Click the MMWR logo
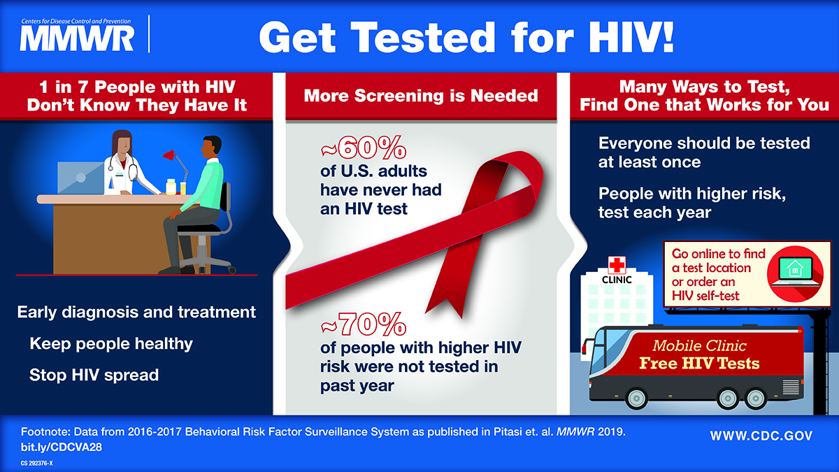[76, 34]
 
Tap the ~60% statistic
[364, 148]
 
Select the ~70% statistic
[364, 324]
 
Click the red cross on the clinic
[617, 265]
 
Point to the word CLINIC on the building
[617, 280]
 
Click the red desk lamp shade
[169, 155]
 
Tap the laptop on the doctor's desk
[81, 178]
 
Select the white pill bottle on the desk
[171, 187]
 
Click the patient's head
[211, 148]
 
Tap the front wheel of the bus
[636, 398]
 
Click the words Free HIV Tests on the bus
[699, 364]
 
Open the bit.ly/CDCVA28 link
[61, 447]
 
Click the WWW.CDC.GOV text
[761, 436]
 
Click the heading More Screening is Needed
[421, 96]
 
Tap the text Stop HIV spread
[94, 375]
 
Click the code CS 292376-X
[36, 464]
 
